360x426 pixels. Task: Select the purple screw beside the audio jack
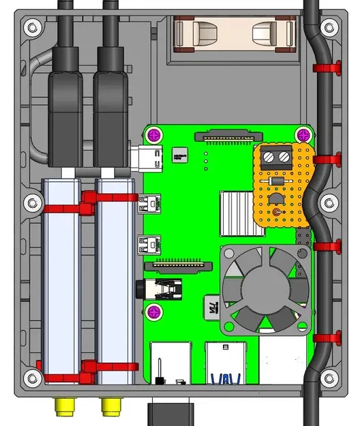point(155,312)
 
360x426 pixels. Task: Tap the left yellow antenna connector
point(65,407)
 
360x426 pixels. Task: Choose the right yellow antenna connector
point(110,407)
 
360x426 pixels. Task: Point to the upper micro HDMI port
point(149,202)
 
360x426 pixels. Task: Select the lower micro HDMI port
point(149,243)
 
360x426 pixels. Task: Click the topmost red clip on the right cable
point(329,67)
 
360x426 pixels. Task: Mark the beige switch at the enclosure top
point(236,35)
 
